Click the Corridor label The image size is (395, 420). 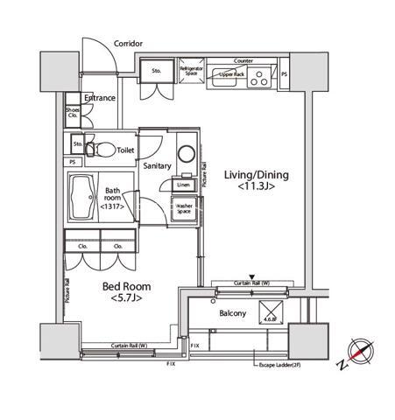click(x=128, y=43)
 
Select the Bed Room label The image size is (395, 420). click(x=127, y=286)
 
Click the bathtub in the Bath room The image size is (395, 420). click(x=86, y=200)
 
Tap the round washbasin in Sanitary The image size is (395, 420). click(x=186, y=153)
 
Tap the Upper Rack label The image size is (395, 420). click(x=232, y=75)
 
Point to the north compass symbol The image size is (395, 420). click(x=360, y=351)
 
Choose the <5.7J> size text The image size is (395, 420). click(x=126, y=299)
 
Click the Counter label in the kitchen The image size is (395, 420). click(x=243, y=61)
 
